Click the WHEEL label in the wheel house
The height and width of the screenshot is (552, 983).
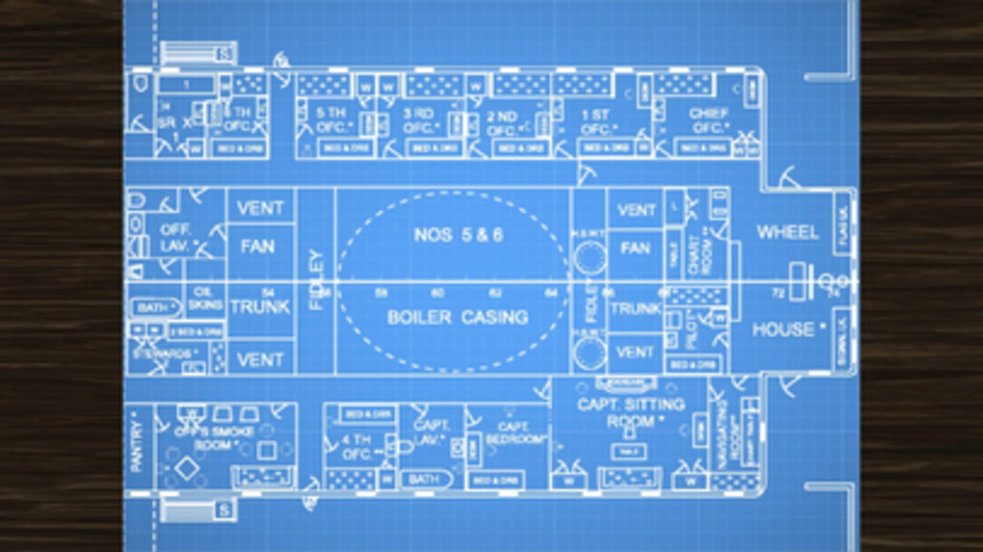(787, 232)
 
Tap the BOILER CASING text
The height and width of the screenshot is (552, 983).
(457, 317)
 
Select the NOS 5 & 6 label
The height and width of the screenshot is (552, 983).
(458, 235)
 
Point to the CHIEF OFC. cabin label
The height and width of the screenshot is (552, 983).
(709, 121)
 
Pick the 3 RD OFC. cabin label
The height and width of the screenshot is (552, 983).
(419, 121)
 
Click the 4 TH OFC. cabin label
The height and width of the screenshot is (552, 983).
(356, 447)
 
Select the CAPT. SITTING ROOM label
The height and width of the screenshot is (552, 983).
(631, 413)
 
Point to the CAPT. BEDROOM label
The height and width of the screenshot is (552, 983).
(515, 433)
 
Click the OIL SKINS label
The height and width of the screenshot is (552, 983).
(204, 299)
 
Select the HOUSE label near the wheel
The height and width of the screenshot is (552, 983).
(783, 329)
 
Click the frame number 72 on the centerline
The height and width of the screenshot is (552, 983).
(778, 293)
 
